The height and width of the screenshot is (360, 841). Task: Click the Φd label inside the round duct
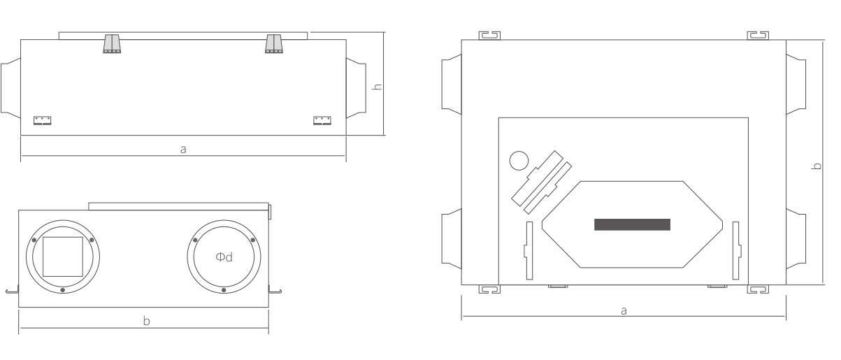(x=224, y=257)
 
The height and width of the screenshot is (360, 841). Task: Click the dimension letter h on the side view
(x=377, y=87)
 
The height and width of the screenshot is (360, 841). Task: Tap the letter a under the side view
(x=183, y=150)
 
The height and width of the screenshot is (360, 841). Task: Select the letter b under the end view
(x=147, y=321)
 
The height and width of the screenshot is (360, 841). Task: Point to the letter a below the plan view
(x=624, y=311)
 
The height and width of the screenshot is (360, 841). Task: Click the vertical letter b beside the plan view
(x=817, y=166)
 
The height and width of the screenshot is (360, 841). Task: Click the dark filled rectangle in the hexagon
(x=632, y=224)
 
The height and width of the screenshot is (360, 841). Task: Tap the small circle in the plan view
(x=519, y=161)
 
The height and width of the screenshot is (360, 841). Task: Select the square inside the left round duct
(x=63, y=257)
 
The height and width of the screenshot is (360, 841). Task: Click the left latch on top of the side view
(x=112, y=44)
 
